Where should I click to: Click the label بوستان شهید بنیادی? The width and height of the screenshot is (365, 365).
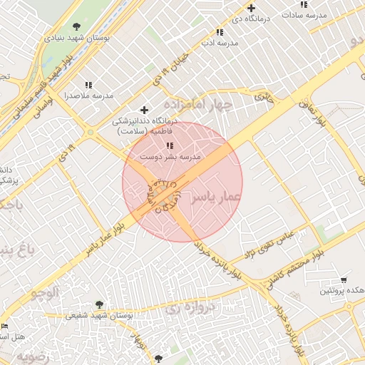(x=77, y=37)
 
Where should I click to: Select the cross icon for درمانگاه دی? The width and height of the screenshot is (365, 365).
(x=252, y=8)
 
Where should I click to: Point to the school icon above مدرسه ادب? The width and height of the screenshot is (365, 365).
(x=220, y=32)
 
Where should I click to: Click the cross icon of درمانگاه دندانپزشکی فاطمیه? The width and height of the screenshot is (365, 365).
(x=145, y=110)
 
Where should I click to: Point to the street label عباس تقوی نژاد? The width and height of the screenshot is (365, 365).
(x=269, y=245)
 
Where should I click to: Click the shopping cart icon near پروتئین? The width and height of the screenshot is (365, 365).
(x=344, y=280)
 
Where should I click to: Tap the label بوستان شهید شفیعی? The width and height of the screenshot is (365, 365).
(x=100, y=315)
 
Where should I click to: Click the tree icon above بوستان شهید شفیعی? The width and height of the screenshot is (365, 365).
(x=98, y=304)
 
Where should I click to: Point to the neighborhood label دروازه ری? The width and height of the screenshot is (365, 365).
(x=185, y=309)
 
